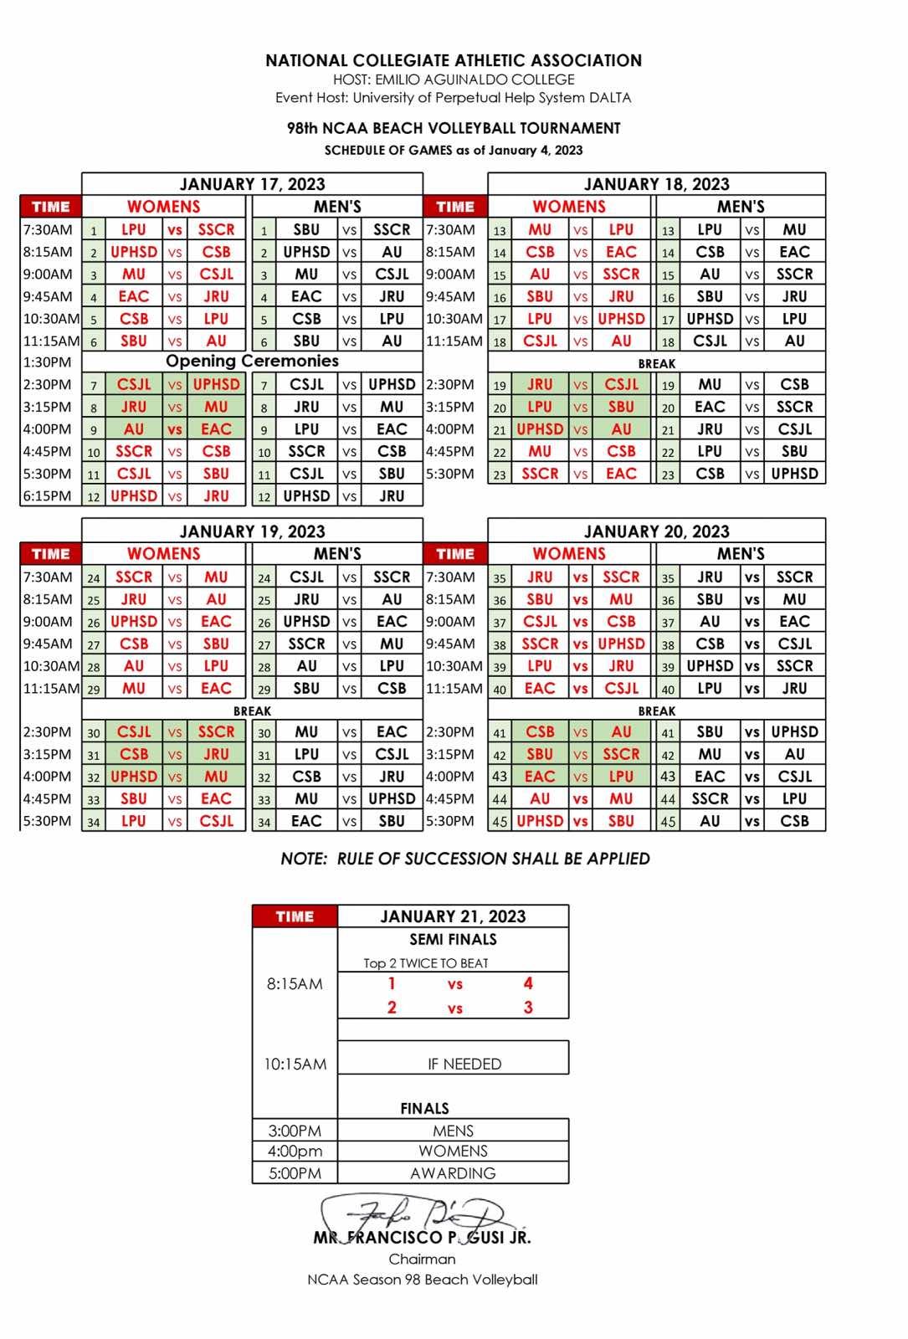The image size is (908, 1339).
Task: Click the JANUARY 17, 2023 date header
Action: pos(252,184)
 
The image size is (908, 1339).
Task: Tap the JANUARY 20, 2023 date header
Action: pos(656,531)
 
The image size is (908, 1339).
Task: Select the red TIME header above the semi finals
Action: pos(295,916)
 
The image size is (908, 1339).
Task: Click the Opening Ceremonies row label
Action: pos(252,362)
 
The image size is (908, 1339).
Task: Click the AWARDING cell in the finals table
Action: pos(453,1173)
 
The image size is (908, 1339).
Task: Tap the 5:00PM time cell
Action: pos(295,1173)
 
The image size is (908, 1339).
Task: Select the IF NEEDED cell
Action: pos(464,1064)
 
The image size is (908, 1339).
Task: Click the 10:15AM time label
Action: pos(295,1064)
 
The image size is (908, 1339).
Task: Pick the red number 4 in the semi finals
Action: pos(528,983)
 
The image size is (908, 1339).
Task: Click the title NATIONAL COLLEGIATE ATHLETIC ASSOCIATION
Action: pos(454,60)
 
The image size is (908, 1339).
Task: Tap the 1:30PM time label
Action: pos(48,362)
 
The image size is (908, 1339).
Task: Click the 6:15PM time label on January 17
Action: pos(48,495)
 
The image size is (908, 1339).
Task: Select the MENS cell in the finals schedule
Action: pos(453,1131)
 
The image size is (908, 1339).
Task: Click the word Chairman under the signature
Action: pos(423,1259)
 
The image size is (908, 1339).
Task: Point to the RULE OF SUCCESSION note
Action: pos(465,859)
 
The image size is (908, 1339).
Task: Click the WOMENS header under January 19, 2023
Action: pos(164,554)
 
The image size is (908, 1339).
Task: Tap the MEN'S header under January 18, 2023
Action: pos(740,207)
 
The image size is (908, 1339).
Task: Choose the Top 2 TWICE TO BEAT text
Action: pos(425,963)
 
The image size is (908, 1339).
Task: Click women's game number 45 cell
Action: pos(499,821)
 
